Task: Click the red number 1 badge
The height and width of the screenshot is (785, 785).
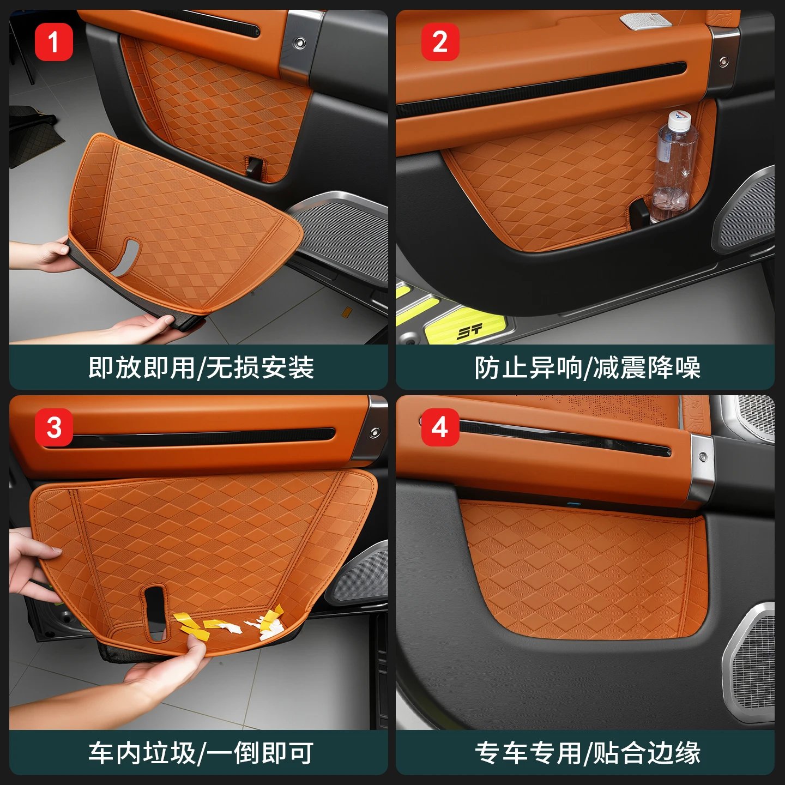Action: point(54,42)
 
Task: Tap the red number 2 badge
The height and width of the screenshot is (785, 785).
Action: point(440,42)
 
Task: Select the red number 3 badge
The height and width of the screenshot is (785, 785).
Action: point(54,428)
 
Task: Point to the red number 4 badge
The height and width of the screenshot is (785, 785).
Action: point(440,428)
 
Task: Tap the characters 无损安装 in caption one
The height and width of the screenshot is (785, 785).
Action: point(261,368)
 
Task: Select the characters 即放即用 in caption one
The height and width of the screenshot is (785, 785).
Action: point(142,368)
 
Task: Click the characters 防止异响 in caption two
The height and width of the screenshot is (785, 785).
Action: point(528,368)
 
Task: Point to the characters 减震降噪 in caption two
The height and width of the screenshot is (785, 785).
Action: point(647,368)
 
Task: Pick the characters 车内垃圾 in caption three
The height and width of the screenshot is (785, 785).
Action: point(142,753)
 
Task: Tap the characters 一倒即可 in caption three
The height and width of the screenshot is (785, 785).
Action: point(261,753)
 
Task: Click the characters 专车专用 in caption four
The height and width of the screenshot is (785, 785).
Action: point(528,753)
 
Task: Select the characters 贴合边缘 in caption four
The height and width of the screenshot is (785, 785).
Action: point(647,753)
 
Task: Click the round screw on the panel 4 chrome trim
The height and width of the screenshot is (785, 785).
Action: point(703,457)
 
